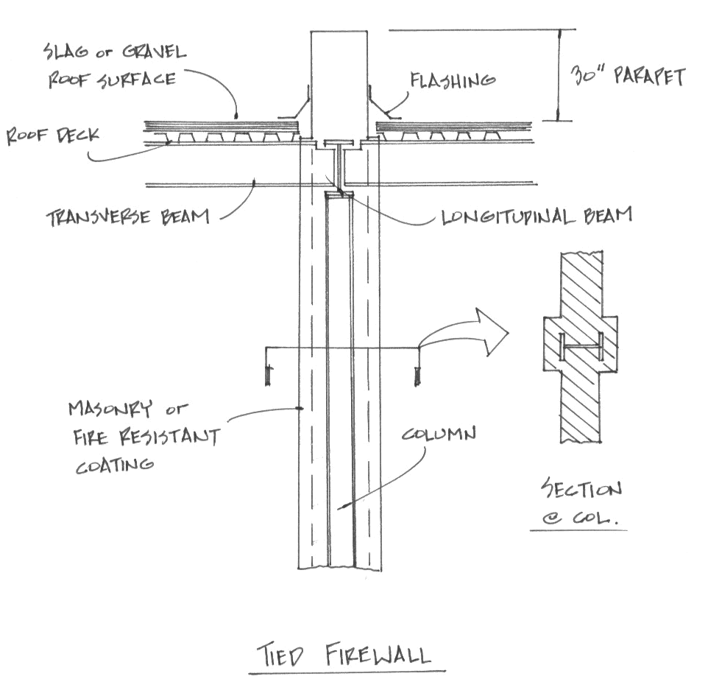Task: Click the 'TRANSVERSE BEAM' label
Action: point(127,217)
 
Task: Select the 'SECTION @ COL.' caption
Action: point(581,502)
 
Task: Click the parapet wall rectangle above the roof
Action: point(339,81)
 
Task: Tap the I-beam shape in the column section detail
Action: point(581,347)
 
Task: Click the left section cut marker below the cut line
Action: point(269,376)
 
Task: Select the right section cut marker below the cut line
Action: point(418,376)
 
